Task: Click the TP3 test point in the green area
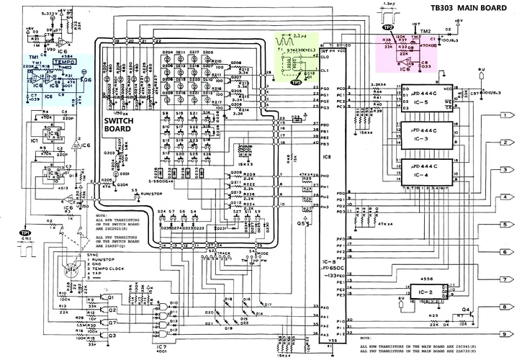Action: pos(296,82)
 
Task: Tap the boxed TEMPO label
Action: pos(60,63)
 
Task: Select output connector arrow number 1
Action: pos(506,115)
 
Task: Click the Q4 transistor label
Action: pos(467,309)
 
